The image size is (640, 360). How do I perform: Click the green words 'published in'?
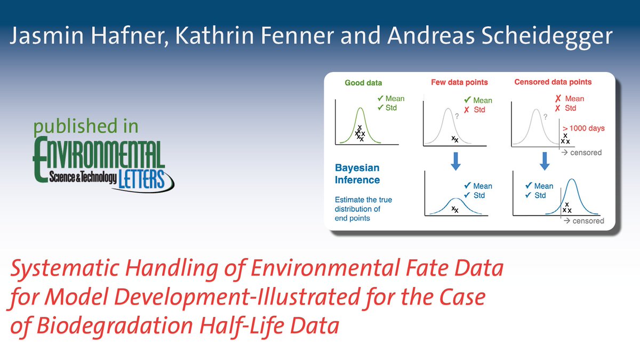point(86,126)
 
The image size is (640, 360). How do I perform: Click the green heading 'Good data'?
point(363,83)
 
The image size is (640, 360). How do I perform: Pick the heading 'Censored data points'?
point(553,82)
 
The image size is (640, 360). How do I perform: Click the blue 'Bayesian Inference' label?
point(357,173)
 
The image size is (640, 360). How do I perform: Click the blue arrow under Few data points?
point(455,160)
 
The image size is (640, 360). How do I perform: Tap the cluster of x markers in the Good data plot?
point(360,133)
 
